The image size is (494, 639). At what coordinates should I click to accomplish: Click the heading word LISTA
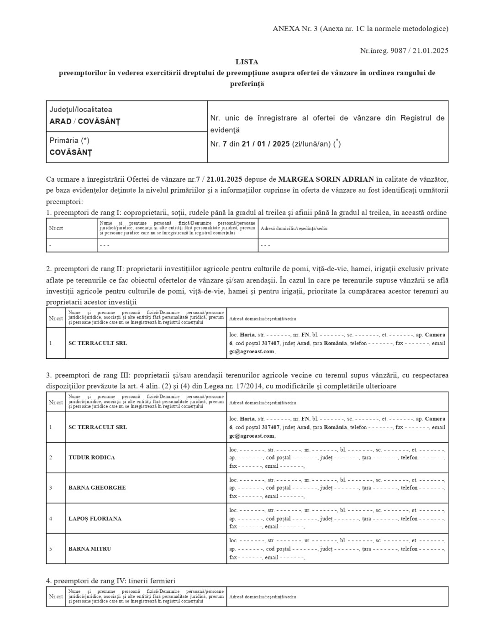click(247, 62)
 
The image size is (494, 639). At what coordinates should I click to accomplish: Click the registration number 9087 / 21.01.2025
click(420, 51)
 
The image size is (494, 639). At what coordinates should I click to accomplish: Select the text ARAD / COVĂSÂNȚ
click(85, 121)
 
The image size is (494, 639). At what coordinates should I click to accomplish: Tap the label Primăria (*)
click(69, 141)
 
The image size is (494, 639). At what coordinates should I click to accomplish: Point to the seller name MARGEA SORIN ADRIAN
click(326, 178)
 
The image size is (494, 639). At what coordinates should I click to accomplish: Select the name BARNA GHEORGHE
click(97, 487)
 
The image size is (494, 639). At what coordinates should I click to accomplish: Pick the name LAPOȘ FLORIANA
click(95, 519)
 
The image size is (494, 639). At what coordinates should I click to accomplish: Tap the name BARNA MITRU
click(89, 549)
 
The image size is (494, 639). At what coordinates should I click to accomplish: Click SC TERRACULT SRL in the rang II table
click(98, 343)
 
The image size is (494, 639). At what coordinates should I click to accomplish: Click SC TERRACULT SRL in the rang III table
click(98, 427)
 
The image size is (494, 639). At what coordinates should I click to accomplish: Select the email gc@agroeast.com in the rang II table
click(252, 351)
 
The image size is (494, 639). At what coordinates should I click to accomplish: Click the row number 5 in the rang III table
click(51, 549)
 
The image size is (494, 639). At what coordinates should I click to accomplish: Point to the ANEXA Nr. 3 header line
click(360, 29)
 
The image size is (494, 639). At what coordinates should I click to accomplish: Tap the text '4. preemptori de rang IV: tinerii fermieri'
click(110, 581)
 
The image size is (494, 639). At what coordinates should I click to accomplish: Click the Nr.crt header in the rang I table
click(56, 228)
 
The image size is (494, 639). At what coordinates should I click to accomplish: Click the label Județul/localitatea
click(81, 110)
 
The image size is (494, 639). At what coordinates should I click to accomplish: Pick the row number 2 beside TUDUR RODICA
click(51, 457)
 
